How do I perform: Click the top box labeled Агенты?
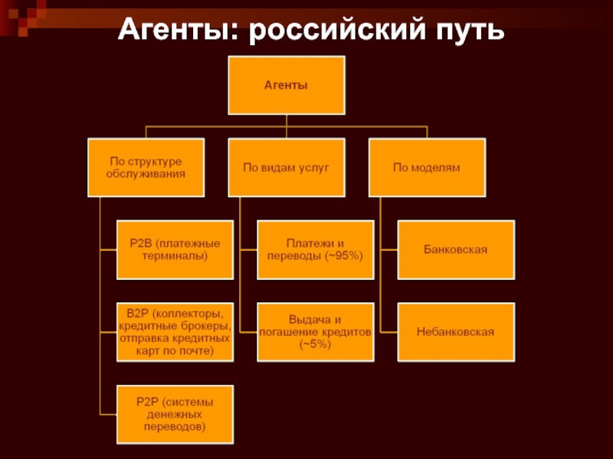[x=287, y=85]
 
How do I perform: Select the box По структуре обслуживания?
[x=146, y=168]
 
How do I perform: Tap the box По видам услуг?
[x=287, y=168]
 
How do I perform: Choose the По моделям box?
[x=427, y=168]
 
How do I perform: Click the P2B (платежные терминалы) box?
[x=175, y=250]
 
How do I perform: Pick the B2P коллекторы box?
[x=175, y=332]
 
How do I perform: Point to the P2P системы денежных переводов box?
[x=175, y=415]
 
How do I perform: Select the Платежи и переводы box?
[x=316, y=250]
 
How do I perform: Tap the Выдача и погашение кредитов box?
[x=316, y=332]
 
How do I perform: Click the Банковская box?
[x=456, y=250]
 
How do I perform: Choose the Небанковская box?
[x=456, y=332]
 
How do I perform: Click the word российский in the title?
[x=337, y=30]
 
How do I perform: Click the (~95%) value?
[x=343, y=256]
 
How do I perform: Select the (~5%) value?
[x=316, y=344]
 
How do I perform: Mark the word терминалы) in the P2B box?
[x=175, y=256]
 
